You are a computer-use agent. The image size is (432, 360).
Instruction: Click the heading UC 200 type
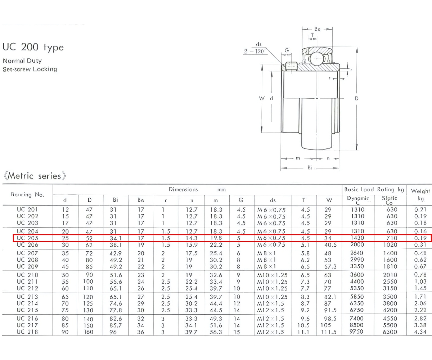33,47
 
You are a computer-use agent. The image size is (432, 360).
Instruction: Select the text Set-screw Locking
30,69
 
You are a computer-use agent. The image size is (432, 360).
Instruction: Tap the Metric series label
35,176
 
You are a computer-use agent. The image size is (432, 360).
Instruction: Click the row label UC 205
27,238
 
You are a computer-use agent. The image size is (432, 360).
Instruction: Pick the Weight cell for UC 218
420,332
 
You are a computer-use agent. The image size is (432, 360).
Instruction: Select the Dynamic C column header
358,200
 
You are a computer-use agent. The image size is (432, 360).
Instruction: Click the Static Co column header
389,200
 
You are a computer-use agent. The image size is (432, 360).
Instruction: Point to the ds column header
273,200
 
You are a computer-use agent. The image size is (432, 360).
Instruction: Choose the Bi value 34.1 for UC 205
115,238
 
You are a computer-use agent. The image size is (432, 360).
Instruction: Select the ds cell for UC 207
266,253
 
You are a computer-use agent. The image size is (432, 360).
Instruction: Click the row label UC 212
27,288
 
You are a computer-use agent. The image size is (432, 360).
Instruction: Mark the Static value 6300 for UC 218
389,332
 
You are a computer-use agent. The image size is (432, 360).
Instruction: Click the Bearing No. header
28,195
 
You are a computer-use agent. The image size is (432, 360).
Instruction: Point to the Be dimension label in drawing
317,29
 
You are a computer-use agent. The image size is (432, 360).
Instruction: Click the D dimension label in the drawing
356,98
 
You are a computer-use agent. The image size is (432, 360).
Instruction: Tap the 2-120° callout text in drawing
255,51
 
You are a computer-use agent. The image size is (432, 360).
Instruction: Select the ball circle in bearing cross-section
316,57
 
